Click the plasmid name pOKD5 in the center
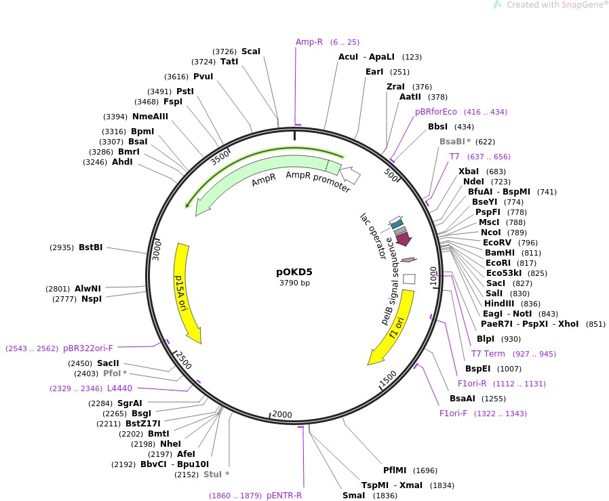(x=294, y=271)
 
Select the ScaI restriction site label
(x=251, y=52)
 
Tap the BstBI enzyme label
(x=90, y=247)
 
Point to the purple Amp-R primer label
(x=309, y=42)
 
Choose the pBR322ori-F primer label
(x=88, y=348)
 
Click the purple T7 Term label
(x=488, y=354)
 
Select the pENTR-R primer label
(x=284, y=496)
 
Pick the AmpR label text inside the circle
(x=264, y=182)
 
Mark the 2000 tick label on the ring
(x=281, y=415)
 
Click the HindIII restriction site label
(x=503, y=303)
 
